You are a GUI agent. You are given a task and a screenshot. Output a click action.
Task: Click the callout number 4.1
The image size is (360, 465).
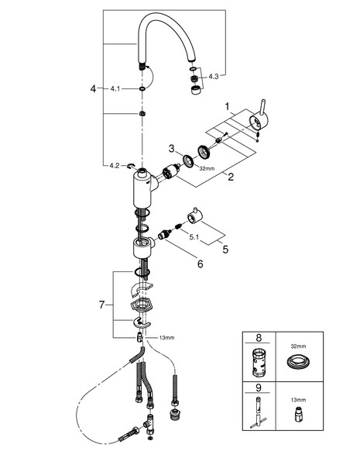tap(115, 88)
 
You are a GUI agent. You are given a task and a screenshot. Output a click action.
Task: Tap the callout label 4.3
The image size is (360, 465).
tap(214, 77)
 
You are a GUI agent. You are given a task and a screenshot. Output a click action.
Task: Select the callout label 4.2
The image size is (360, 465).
tap(115, 166)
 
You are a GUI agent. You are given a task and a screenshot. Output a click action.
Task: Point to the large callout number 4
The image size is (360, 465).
tap(94, 88)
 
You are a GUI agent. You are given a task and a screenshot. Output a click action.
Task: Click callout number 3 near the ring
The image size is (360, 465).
tap(172, 149)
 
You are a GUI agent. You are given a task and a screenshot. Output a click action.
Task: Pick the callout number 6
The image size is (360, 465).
tap(201, 263)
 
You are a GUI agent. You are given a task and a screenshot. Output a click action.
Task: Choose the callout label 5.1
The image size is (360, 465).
tap(194, 238)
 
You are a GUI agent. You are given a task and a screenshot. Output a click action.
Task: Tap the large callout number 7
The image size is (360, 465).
tap(102, 305)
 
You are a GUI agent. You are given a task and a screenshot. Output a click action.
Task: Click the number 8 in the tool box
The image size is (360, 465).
tap(259, 337)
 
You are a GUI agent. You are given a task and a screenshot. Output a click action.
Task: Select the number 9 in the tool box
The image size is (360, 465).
tap(259, 387)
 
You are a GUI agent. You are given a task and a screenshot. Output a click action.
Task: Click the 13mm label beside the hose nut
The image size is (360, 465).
tap(166, 337)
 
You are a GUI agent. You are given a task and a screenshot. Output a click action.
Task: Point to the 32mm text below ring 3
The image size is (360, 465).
tap(207, 169)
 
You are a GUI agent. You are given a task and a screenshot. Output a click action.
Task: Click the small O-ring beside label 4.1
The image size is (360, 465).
tap(142, 88)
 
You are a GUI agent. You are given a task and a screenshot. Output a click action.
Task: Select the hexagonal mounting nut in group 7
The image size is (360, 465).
tap(140, 305)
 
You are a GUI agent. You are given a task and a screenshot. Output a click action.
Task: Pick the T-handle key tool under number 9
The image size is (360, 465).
tap(259, 413)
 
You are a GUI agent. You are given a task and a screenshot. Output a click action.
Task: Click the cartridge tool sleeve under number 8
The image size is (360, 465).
tap(258, 363)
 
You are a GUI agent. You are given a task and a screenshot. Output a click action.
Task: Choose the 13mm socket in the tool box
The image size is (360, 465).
tap(298, 414)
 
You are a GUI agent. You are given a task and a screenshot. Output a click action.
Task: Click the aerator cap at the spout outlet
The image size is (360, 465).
tap(196, 91)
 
